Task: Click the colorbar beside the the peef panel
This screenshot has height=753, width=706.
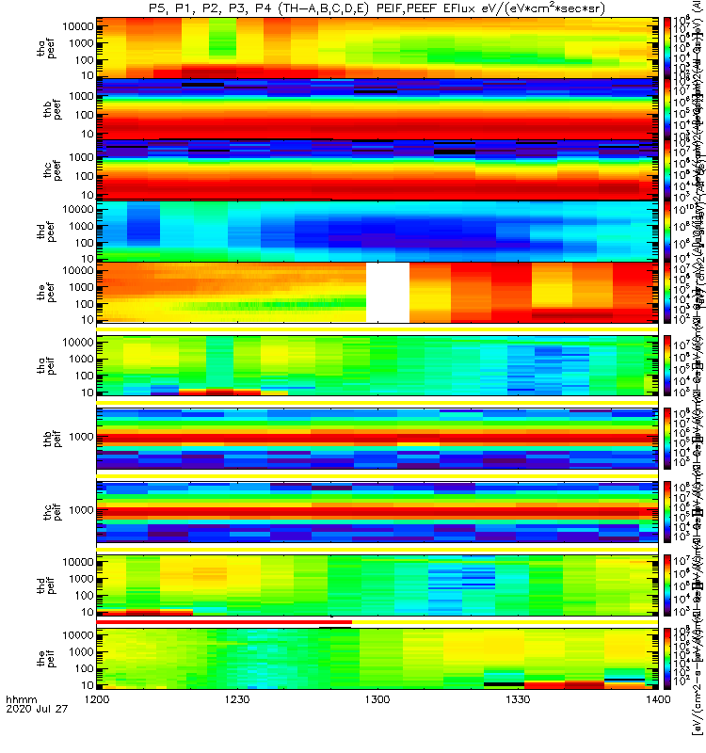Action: (668, 292)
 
